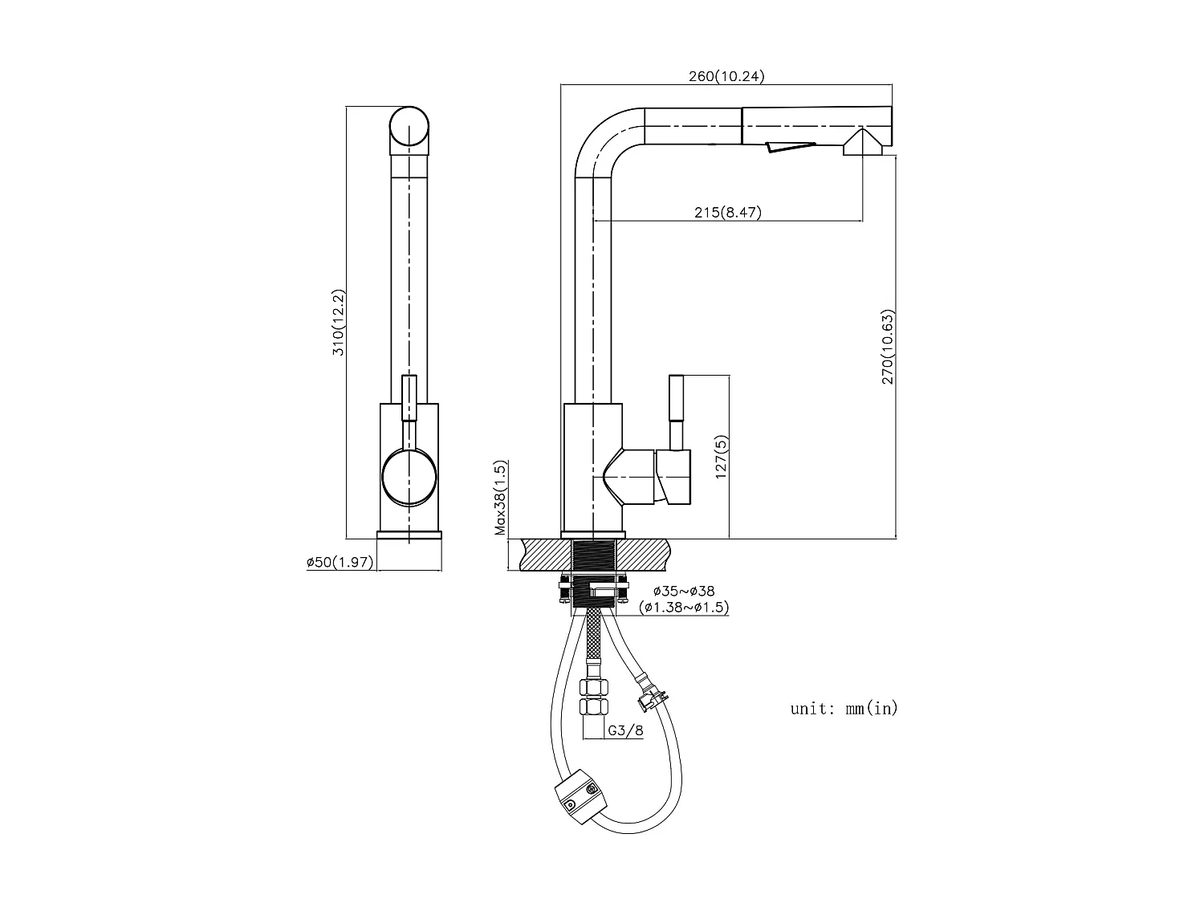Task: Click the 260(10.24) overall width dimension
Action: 726,77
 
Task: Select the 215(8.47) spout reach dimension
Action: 727,213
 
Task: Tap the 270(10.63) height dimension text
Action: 887,347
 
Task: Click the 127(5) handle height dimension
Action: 722,458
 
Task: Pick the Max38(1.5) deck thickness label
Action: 500,498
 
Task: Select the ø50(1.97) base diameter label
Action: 340,563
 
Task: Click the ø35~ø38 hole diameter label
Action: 684,592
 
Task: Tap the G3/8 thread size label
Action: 625,730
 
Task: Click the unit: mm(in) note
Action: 844,708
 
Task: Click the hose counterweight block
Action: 579,799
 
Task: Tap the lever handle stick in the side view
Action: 677,411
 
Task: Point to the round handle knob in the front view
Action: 409,478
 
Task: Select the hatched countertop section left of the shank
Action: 546,555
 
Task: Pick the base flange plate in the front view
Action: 409,535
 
